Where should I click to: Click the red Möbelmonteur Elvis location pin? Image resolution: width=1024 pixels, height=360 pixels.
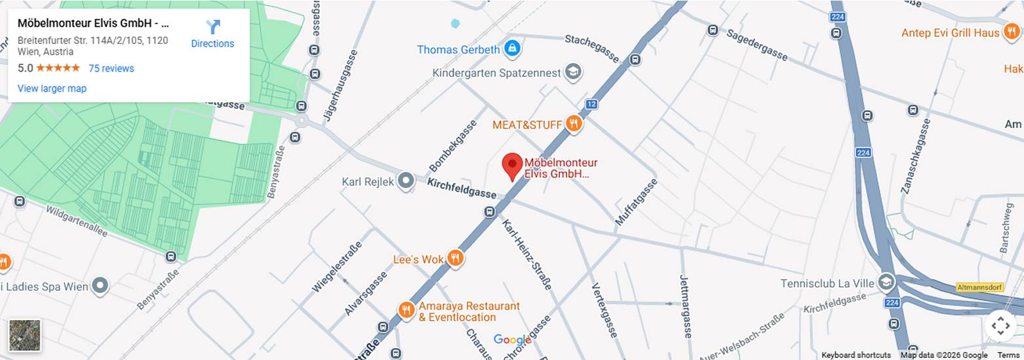click(512, 167)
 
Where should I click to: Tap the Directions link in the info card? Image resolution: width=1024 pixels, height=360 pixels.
click(212, 34)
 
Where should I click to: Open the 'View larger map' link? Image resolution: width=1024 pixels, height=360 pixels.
click(52, 89)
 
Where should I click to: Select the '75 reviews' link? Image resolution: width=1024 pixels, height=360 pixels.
click(111, 68)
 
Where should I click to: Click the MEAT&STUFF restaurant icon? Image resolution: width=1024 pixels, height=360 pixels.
click(574, 124)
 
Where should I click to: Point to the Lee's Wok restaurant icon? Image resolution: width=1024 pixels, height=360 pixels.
click(455, 258)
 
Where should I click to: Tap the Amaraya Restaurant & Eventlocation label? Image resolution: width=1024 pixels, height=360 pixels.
click(469, 311)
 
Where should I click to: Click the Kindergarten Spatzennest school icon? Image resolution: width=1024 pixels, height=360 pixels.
click(574, 72)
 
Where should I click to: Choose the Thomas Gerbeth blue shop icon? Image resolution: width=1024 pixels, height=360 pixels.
click(512, 49)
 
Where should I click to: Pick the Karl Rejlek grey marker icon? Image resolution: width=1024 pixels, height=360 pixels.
click(406, 181)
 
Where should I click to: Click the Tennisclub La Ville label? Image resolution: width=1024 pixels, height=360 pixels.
click(827, 283)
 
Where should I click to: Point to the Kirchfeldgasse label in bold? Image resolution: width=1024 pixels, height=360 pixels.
click(462, 188)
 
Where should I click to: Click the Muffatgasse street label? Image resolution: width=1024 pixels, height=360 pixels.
click(635, 202)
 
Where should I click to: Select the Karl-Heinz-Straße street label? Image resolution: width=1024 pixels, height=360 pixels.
click(526, 254)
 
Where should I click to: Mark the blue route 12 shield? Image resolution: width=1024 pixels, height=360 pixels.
click(591, 104)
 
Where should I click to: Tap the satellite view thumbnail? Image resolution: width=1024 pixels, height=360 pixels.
click(25, 335)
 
